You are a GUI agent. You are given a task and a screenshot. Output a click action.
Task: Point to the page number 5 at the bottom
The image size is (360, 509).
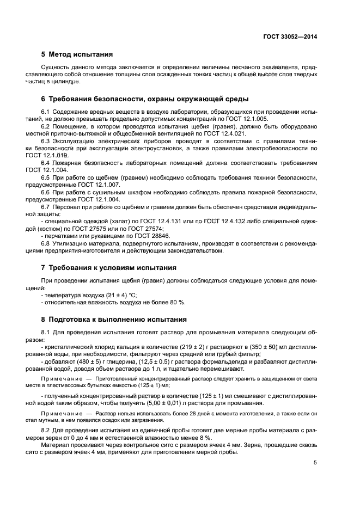pos(315,463)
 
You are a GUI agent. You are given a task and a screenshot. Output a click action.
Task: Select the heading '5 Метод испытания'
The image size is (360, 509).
pos(77,54)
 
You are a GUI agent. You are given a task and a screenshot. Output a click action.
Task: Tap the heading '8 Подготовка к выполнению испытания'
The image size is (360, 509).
pos(114,320)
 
